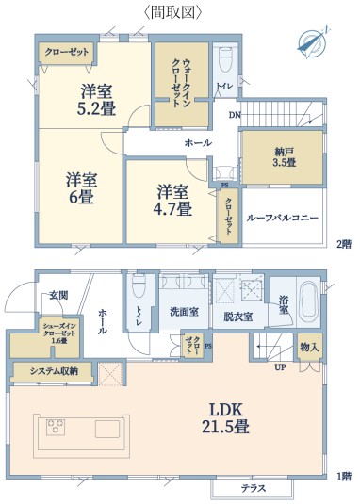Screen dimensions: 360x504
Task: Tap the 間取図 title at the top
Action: pos(172,12)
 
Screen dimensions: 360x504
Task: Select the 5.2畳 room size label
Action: pos(96,108)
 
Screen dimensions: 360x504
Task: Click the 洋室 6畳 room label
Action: pos(82,188)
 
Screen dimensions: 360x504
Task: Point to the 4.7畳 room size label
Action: pos(172,208)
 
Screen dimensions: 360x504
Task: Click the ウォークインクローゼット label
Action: pos(182,83)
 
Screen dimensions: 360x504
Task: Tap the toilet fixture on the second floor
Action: pos(225,58)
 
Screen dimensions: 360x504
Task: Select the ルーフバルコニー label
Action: pos(282,218)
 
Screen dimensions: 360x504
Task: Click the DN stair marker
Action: pos(235,115)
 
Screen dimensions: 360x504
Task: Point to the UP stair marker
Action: pos(280,367)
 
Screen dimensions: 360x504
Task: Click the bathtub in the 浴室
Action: pos(308,302)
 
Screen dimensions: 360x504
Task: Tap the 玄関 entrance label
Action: pos(58,296)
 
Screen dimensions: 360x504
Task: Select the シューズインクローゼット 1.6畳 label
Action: pos(59,333)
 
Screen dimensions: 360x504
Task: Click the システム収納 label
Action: pos(54,371)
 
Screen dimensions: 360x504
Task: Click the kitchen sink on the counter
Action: pos(107,429)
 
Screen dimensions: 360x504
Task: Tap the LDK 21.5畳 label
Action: pos(225,418)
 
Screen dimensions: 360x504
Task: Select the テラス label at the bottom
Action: pos(254,489)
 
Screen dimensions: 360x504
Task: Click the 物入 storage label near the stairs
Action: pos(309,347)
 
